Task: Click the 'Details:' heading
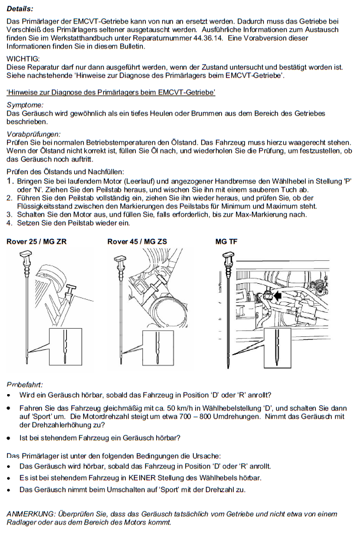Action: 19,9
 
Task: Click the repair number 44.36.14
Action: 208,38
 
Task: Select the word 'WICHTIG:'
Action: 23,59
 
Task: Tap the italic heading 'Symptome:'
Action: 25,105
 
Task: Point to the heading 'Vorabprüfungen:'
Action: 34,134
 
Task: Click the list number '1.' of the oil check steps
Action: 10,181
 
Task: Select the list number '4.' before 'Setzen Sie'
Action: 9,223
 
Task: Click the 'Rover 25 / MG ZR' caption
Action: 37,242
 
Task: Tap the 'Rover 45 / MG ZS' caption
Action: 138,242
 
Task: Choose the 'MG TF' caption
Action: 227,242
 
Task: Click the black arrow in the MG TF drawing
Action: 278,296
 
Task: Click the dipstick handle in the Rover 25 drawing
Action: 26,254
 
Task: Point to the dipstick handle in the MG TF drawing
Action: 228,255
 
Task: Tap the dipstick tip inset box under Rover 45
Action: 158,348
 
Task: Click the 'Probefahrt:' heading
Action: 25,385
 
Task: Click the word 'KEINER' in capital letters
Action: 140,478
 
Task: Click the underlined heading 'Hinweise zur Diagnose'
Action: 111,92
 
